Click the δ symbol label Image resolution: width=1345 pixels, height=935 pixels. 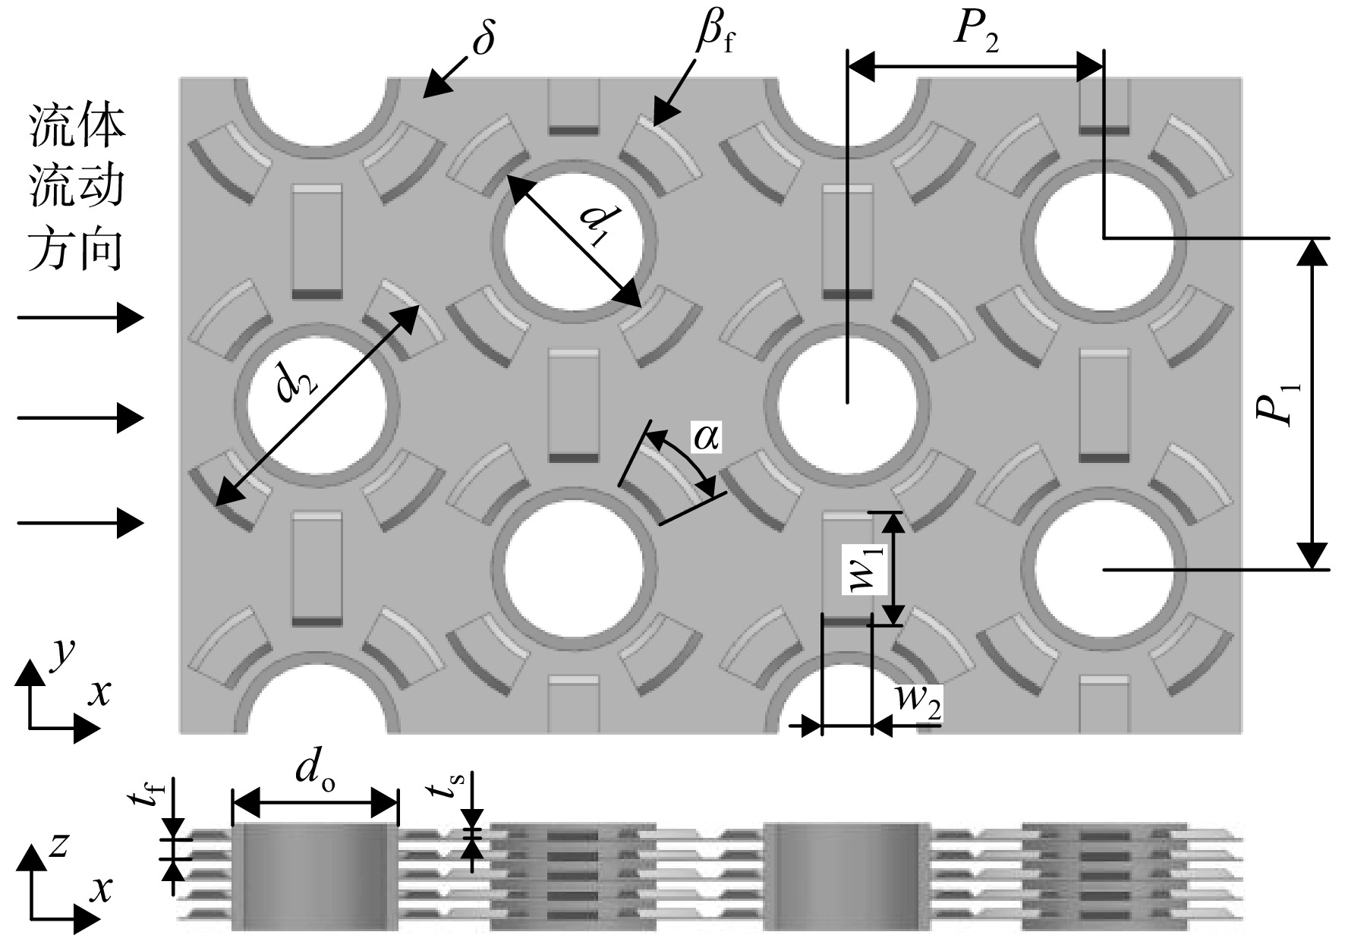[x=483, y=36]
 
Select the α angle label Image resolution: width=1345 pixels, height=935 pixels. [x=706, y=437]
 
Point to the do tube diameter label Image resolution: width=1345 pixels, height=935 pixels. [x=314, y=771]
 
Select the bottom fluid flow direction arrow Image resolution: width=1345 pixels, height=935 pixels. [x=80, y=523]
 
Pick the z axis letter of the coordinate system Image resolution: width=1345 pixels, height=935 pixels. [x=58, y=845]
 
